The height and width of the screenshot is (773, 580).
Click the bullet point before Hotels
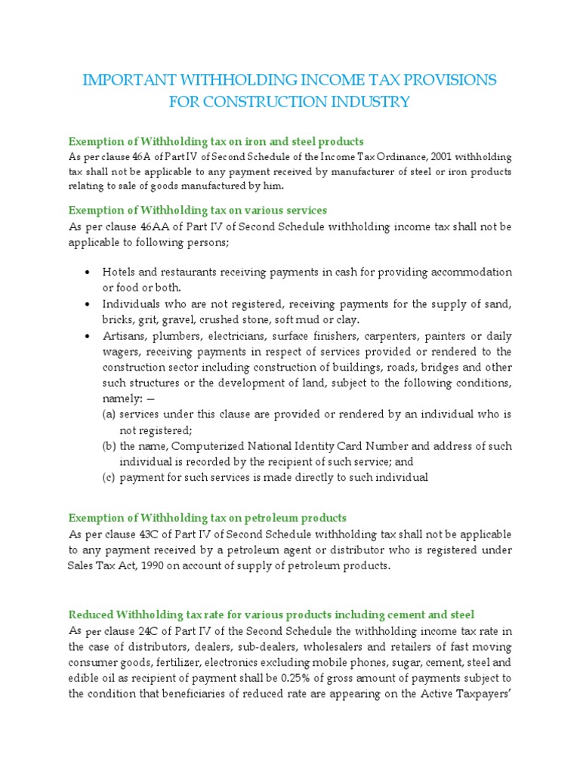click(88, 273)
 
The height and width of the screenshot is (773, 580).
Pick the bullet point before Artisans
click(88, 336)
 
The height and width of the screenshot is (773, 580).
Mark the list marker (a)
click(110, 415)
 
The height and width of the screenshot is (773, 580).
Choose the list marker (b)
click(110, 446)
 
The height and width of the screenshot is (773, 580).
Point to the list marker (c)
click(110, 478)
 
